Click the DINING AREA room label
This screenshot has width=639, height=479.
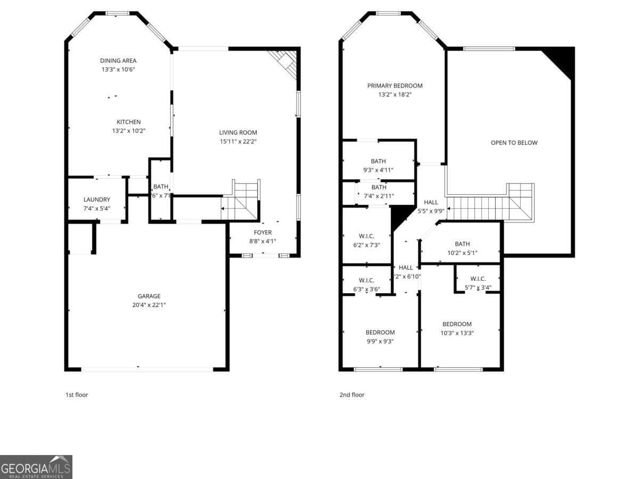click(x=118, y=61)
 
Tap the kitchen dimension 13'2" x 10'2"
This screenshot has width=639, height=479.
click(x=129, y=130)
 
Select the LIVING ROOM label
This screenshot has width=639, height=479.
click(x=238, y=133)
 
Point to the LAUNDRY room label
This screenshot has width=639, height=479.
click(x=97, y=200)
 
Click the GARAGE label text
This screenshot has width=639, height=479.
click(x=149, y=296)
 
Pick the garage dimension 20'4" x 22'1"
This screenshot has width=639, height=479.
click(x=149, y=305)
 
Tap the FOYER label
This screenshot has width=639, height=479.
click(x=263, y=233)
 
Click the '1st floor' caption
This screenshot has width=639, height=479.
click(x=76, y=395)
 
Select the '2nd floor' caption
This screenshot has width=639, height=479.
click(x=352, y=395)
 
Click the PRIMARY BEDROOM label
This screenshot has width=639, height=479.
click(x=395, y=86)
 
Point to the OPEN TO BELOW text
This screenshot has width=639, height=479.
click(x=514, y=143)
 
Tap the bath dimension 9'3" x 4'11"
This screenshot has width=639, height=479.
click(x=379, y=170)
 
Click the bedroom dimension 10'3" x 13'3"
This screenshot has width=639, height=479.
click(x=457, y=333)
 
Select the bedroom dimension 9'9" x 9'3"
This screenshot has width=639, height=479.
click(x=380, y=342)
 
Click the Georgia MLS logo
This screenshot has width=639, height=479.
click(x=36, y=467)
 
